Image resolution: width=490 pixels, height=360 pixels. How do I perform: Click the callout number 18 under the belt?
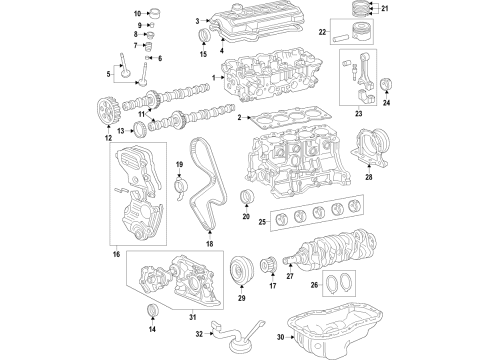[209, 243]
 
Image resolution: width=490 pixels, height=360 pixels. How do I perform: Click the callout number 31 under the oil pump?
[179, 318]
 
